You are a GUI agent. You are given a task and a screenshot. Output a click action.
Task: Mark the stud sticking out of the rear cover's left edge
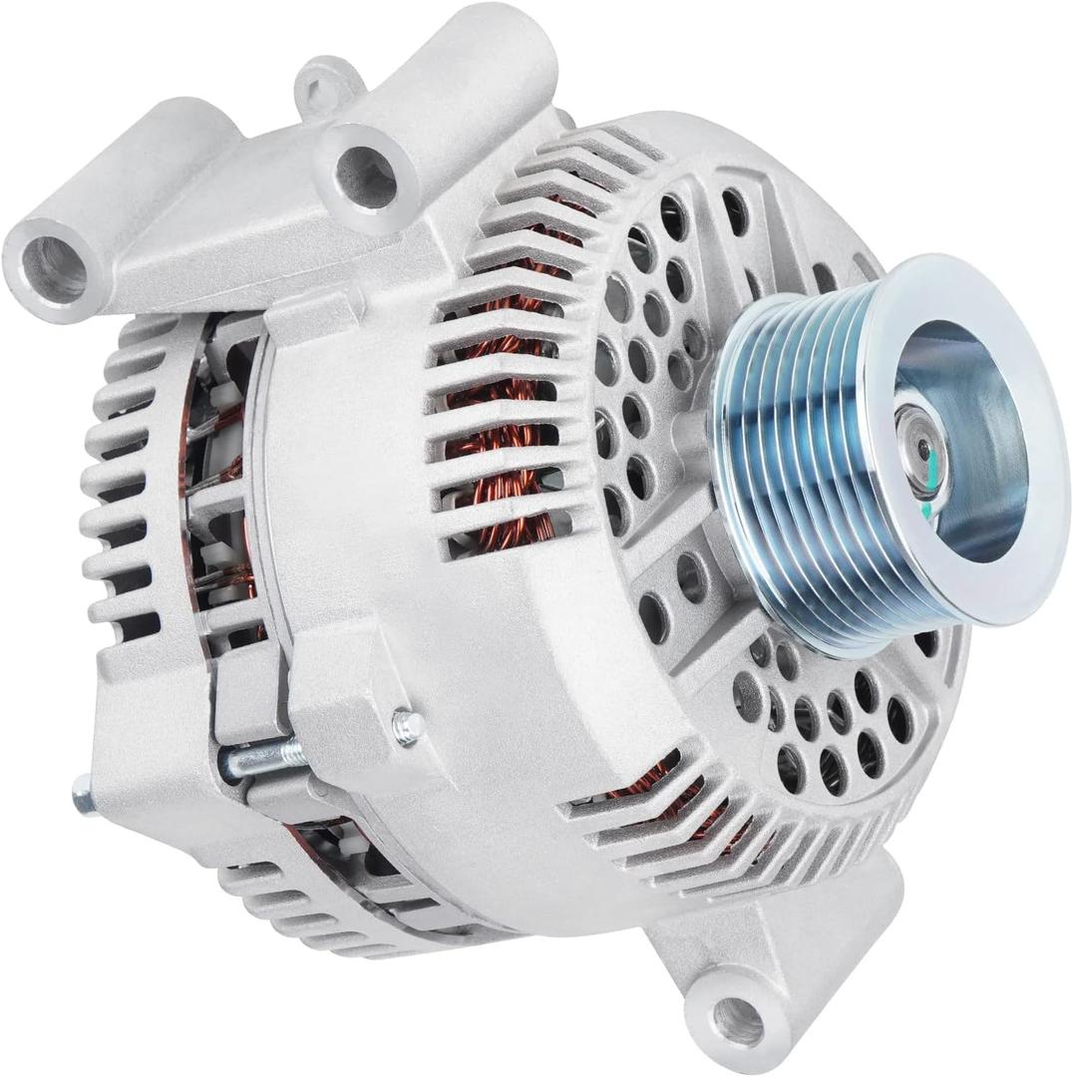point(84,794)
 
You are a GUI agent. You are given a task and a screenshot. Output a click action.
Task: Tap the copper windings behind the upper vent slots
point(499,419)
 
